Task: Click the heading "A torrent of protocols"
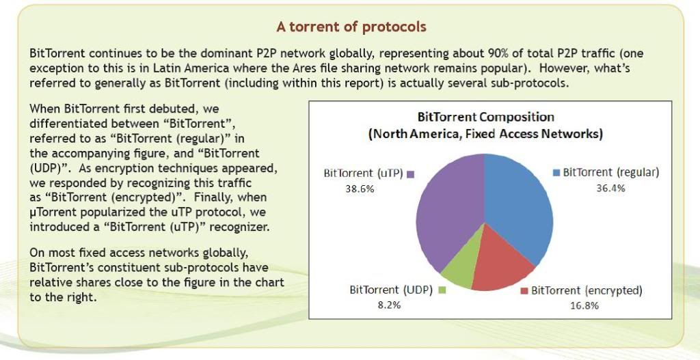pyautogui.click(x=351, y=27)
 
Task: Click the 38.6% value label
pyautogui.click(x=360, y=189)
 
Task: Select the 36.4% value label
pyautogui.click(x=610, y=189)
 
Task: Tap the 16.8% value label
pyautogui.click(x=584, y=305)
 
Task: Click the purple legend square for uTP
pyautogui.click(x=410, y=175)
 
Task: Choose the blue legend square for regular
pyautogui.click(x=556, y=173)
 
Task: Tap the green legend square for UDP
pyautogui.click(x=442, y=290)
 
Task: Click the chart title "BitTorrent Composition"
pyautogui.click(x=486, y=117)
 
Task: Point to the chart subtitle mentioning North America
pyautogui.click(x=486, y=134)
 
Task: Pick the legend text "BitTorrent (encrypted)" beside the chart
pyautogui.click(x=587, y=290)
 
